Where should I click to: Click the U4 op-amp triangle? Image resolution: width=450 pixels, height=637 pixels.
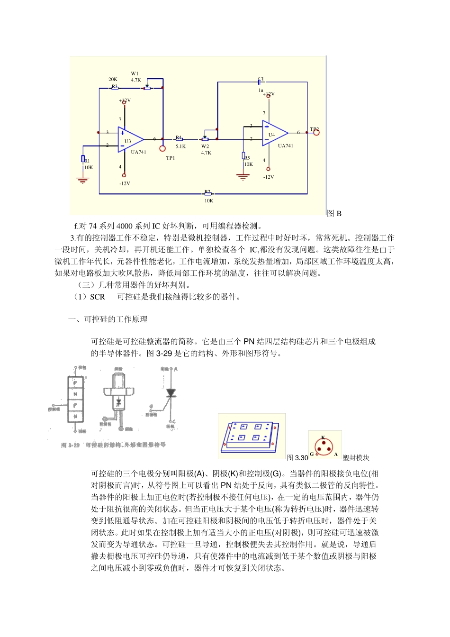click(x=274, y=133)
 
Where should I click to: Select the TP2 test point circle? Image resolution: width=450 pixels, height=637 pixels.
click(x=316, y=132)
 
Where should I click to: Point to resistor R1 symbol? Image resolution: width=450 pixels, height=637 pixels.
click(x=83, y=159)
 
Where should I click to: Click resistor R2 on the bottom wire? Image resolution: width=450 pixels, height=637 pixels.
click(x=207, y=193)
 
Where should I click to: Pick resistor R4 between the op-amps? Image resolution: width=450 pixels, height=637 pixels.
click(x=179, y=139)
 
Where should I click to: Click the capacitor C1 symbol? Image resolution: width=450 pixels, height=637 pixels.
click(x=260, y=82)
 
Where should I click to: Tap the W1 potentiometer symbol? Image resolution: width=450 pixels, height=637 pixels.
click(x=147, y=88)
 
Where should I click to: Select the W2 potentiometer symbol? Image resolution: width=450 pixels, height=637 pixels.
click(x=205, y=139)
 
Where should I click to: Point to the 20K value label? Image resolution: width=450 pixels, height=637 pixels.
click(x=113, y=80)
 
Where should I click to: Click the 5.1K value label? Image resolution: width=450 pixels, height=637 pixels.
click(x=180, y=147)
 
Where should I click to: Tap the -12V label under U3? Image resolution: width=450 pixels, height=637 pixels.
click(x=125, y=183)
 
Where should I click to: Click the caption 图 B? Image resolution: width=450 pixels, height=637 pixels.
click(x=334, y=214)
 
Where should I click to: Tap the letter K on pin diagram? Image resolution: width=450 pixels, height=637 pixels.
click(x=323, y=438)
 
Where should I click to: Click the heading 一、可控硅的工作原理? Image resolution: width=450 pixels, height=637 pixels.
click(x=108, y=319)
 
